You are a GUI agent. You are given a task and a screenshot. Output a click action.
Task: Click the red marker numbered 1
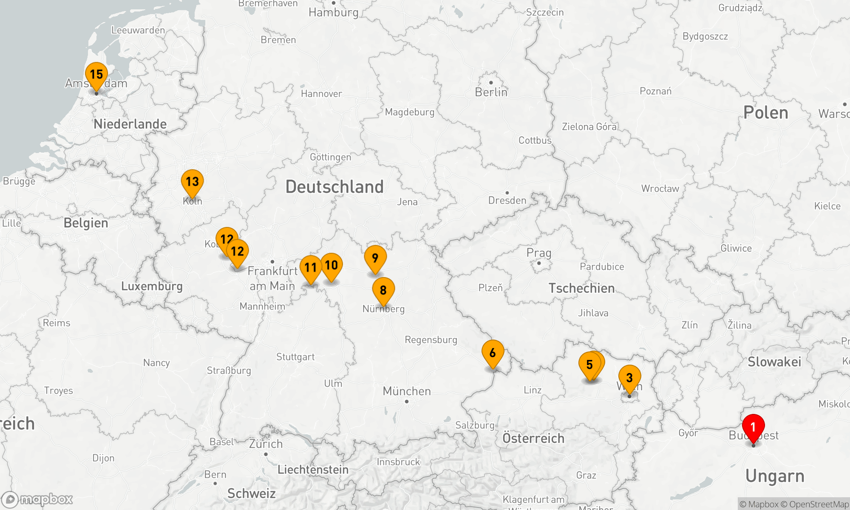[x=753, y=427]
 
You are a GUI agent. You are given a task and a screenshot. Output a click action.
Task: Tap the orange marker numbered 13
[x=192, y=182]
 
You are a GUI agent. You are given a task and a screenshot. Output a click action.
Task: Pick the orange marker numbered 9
[x=375, y=258]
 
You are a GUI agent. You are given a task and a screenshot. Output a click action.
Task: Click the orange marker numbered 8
[x=383, y=290]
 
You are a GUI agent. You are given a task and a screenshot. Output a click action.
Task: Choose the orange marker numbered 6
[x=493, y=353]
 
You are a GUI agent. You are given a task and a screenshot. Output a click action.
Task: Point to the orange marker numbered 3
[x=629, y=378]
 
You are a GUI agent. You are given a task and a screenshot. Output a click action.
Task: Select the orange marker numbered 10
[x=331, y=266]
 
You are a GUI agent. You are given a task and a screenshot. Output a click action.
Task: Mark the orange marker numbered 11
[x=311, y=268]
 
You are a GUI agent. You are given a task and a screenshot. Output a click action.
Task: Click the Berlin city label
[x=491, y=92]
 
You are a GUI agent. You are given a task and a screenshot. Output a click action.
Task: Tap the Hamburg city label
[x=334, y=12]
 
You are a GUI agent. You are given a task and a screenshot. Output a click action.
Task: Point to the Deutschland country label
[x=334, y=187]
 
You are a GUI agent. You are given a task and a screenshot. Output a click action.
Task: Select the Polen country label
[x=765, y=113]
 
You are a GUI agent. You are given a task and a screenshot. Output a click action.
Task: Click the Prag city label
[x=539, y=253]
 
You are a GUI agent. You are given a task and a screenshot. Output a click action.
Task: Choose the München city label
[x=407, y=391]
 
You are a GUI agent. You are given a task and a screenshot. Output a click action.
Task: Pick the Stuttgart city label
[x=295, y=357]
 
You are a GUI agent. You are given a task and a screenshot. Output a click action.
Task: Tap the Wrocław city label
[x=660, y=189]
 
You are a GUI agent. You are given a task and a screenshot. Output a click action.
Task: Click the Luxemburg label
[x=152, y=286]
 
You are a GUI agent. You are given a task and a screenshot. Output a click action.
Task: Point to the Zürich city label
[x=266, y=444]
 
